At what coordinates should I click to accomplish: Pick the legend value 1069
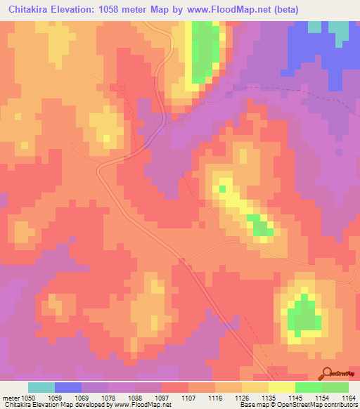coord(82,398)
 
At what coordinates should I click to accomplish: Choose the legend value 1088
coord(136,398)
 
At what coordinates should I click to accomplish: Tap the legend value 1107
coord(189,398)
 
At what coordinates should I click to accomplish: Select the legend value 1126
coord(243,398)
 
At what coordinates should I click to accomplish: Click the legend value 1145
coord(296,398)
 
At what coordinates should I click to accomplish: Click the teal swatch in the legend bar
coord(41,387)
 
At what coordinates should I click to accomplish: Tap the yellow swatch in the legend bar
coord(282,387)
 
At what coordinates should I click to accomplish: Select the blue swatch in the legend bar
coord(68,387)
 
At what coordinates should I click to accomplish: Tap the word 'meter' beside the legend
coord(10,398)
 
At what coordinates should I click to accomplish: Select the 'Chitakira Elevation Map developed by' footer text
coord(49,405)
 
